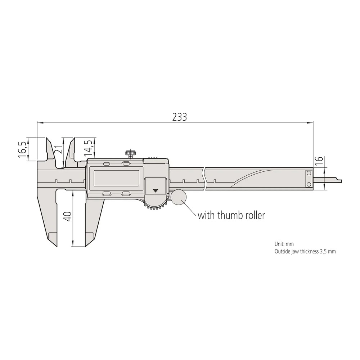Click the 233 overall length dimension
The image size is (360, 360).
(x=179, y=117)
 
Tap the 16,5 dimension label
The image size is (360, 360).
(x=22, y=148)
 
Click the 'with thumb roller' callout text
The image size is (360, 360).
(x=231, y=215)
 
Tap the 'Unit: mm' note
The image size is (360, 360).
(x=284, y=244)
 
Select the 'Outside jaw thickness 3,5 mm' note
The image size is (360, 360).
(x=305, y=252)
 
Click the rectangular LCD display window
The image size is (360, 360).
(x=116, y=178)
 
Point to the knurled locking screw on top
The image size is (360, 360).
(x=130, y=154)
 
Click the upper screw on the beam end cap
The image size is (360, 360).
(x=309, y=174)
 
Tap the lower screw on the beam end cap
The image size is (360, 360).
(x=309, y=184)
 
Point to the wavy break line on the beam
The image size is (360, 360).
(x=205, y=179)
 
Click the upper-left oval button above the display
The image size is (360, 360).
(x=107, y=164)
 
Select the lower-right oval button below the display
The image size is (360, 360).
(x=126, y=193)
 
